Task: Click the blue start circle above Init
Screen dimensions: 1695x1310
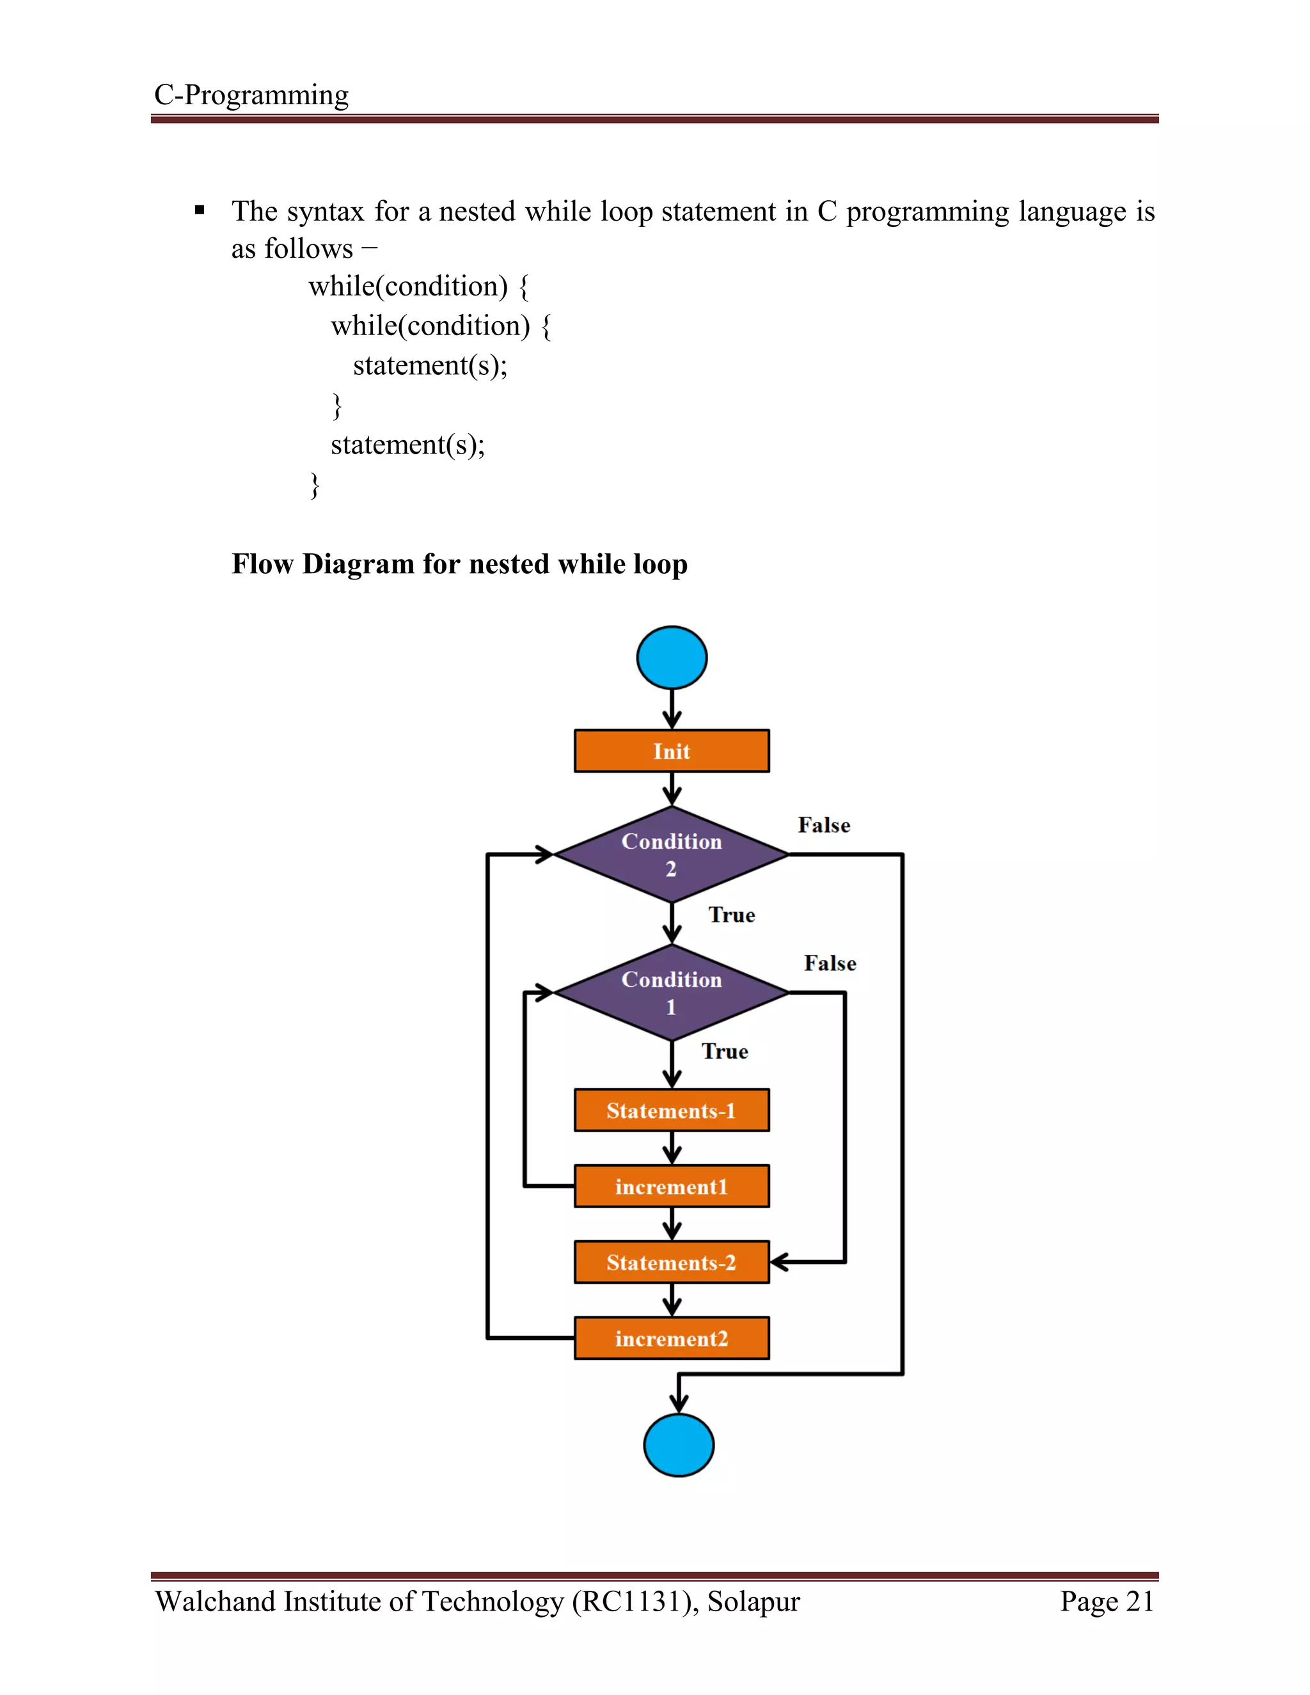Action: (671, 658)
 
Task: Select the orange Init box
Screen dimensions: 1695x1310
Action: (671, 750)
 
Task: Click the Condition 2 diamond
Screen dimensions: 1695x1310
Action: (671, 855)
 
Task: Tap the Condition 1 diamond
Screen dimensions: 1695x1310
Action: (671, 993)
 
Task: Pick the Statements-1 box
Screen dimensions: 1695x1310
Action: (671, 1110)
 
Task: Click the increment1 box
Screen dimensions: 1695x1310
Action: (671, 1186)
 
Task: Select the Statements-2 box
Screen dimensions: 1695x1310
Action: (671, 1262)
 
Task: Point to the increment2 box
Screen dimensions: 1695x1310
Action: (671, 1338)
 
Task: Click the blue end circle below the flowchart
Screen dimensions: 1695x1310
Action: (678, 1445)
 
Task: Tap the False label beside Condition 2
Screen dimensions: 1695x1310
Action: (823, 825)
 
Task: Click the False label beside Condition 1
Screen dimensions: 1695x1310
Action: (830, 963)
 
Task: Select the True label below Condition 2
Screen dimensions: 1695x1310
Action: (731, 915)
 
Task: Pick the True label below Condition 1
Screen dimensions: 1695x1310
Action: (725, 1052)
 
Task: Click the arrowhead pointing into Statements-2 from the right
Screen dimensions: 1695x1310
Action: (778, 1262)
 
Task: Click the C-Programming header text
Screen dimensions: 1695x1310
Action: (251, 95)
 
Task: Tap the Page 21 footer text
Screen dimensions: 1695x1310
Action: (1107, 1601)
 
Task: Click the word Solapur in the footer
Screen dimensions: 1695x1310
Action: (753, 1601)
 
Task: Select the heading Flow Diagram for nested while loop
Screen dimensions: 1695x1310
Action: (459, 564)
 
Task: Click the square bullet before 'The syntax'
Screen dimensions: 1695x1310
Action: (200, 210)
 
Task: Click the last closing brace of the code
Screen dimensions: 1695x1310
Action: (314, 485)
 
